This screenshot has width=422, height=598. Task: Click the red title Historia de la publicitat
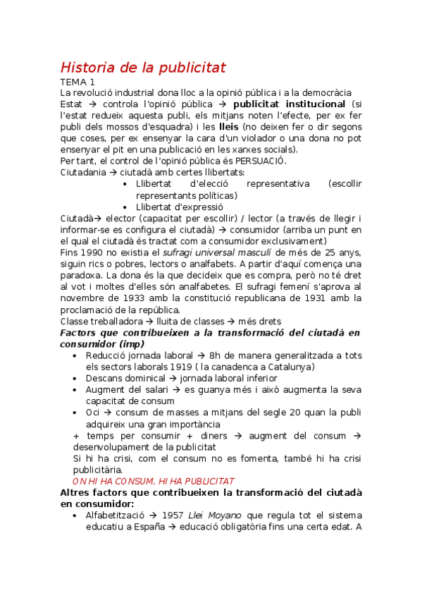[143, 68]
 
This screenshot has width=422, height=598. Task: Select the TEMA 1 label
[77, 83]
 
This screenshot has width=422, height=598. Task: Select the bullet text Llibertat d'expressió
[179, 207]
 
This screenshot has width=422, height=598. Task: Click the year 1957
[174, 515]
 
